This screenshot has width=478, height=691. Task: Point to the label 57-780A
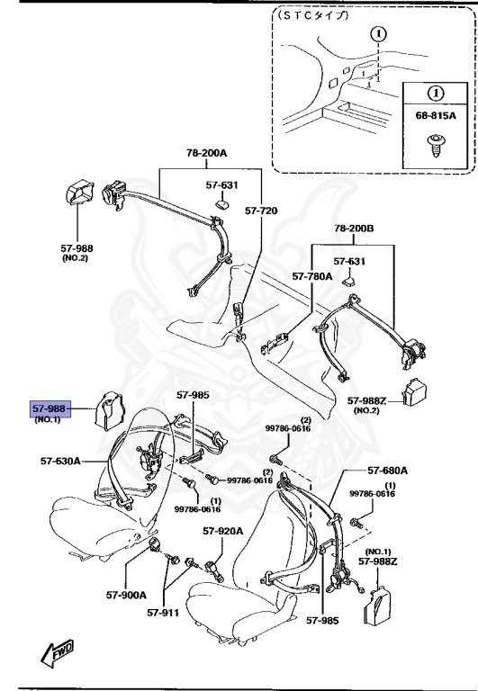tap(311, 277)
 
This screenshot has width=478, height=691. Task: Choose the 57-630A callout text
tap(59, 461)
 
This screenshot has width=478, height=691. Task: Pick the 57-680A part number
tap(387, 470)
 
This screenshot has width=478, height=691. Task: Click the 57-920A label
tap(222, 531)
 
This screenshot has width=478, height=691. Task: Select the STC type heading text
tap(314, 15)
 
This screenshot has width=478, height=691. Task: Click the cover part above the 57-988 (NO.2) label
tap(77, 196)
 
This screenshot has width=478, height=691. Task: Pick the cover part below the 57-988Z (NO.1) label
tap(377, 604)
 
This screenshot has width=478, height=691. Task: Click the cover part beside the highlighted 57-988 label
tap(110, 410)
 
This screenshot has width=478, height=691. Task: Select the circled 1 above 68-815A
tap(435, 93)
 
